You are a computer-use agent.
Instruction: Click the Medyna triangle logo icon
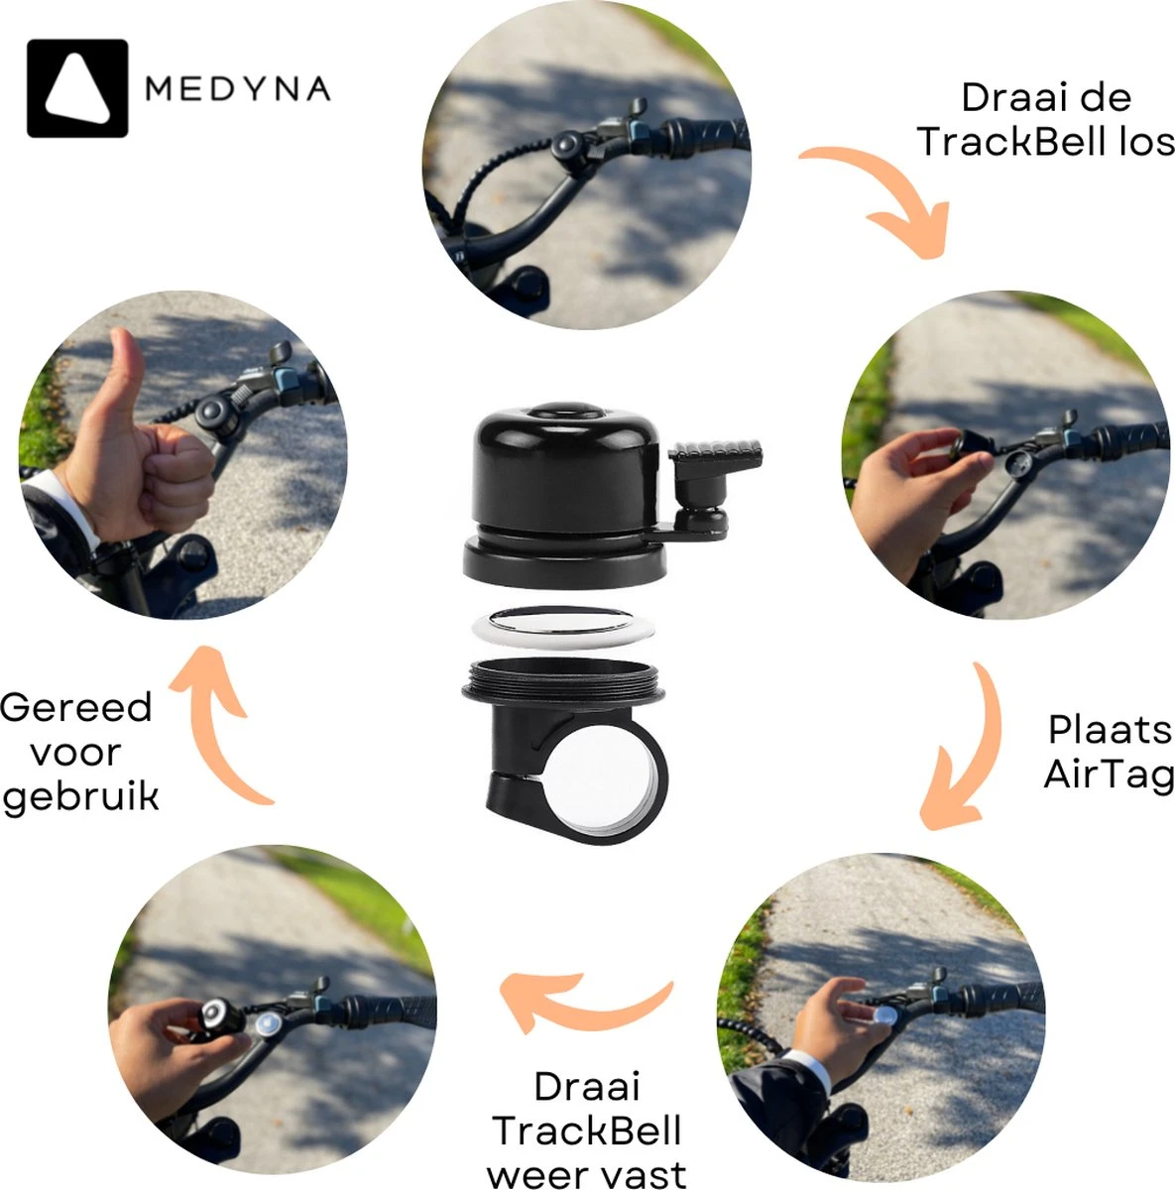coord(77,87)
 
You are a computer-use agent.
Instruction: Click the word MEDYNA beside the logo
coord(238,89)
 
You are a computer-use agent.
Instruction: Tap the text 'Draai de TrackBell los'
coord(1045,119)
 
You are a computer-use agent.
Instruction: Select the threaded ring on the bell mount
coord(562,684)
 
